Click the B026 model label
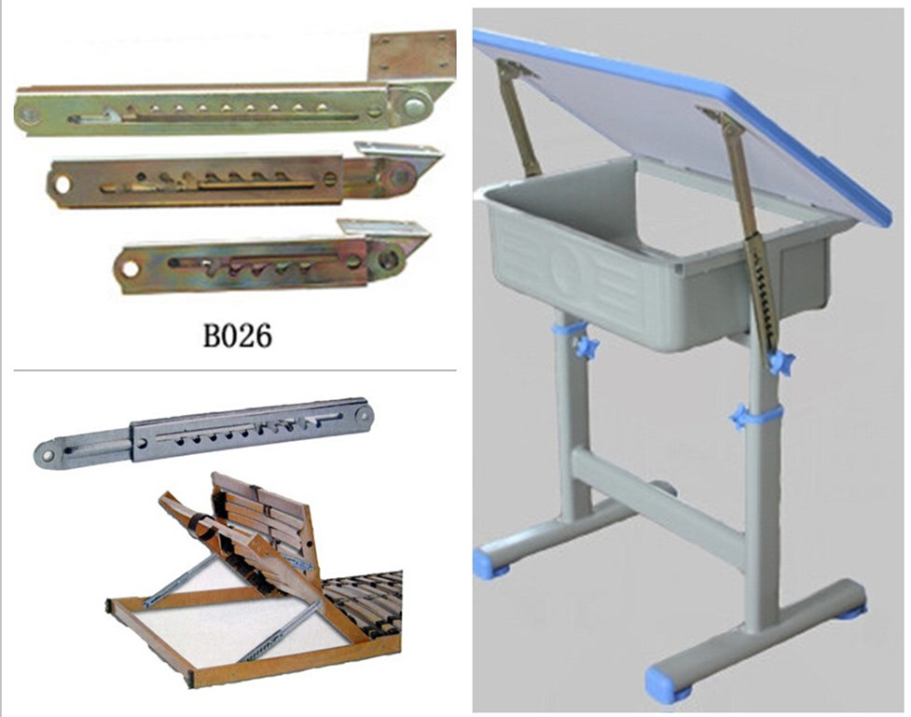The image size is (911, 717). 237,336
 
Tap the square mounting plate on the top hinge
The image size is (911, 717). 411,56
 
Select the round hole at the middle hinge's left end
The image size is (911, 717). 62,184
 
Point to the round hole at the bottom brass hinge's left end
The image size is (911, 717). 130,269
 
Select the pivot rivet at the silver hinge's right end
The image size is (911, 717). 363,414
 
